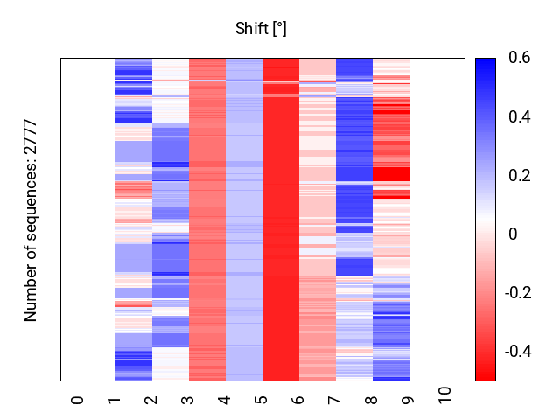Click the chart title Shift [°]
pyautogui.click(x=261, y=29)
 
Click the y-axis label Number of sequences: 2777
pyautogui.click(x=31, y=220)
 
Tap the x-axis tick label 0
pyautogui.click(x=77, y=400)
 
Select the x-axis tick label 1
pyautogui.click(x=114, y=400)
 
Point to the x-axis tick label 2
pyautogui.click(x=150, y=400)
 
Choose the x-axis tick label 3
pyautogui.click(x=187, y=400)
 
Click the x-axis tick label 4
pyautogui.click(x=224, y=400)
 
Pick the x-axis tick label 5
pyautogui.click(x=261, y=400)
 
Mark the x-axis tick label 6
pyautogui.click(x=297, y=400)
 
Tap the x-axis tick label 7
pyautogui.click(x=334, y=400)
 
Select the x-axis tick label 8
pyautogui.click(x=371, y=400)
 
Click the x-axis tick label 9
pyautogui.click(x=408, y=400)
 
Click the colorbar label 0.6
pyautogui.click(x=520, y=59)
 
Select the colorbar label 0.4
pyautogui.click(x=520, y=117)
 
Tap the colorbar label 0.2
pyautogui.click(x=520, y=176)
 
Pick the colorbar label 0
pyautogui.click(x=514, y=234)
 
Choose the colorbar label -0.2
pyautogui.click(x=517, y=293)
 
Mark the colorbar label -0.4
pyautogui.click(x=517, y=352)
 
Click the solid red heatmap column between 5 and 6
pyautogui.click(x=281, y=219)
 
